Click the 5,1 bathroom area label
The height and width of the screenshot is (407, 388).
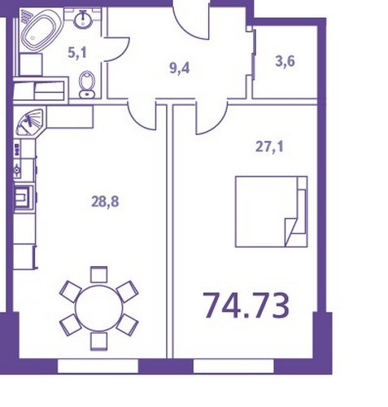point(77,53)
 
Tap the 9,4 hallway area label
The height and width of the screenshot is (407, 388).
point(180,68)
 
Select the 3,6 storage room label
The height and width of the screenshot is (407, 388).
point(285,61)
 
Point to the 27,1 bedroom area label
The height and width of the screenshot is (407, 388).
point(269,147)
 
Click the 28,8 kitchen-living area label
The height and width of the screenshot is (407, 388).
point(105,202)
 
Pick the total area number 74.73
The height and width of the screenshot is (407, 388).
point(246,305)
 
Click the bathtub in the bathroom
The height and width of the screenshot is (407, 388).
point(39,30)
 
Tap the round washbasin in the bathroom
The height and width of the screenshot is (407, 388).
point(82,19)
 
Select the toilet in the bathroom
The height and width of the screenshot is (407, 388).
point(87,85)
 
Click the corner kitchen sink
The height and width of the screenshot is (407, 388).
point(28,121)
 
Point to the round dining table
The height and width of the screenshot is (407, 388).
point(99,308)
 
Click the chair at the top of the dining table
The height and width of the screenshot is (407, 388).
point(99,274)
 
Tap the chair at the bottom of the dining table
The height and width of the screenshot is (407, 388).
point(99,341)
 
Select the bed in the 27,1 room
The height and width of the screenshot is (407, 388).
point(271,212)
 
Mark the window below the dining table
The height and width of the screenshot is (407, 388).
point(98,366)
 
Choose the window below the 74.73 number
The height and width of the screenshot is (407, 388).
point(233,366)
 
